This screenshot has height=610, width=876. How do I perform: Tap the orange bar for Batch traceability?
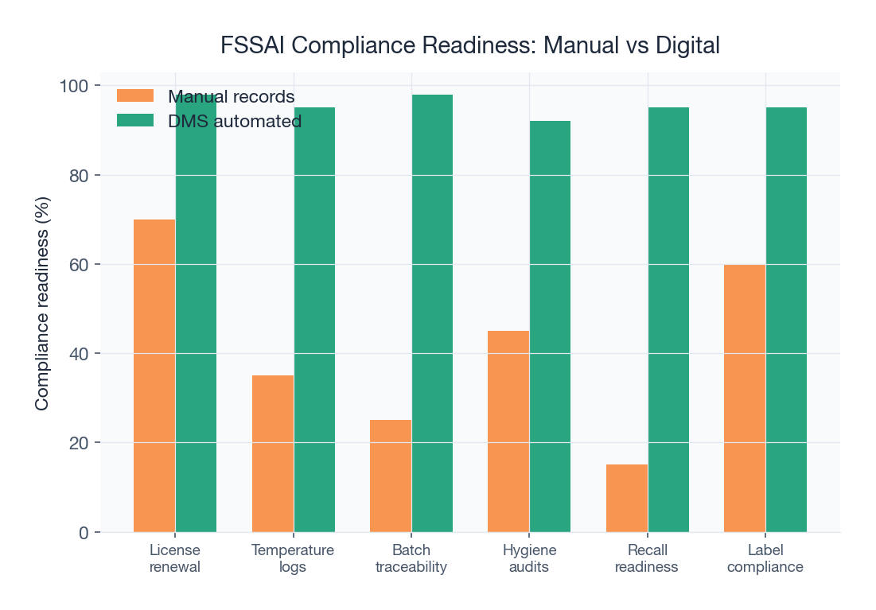pyautogui.click(x=391, y=476)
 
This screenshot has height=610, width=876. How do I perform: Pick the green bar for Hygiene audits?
pyautogui.click(x=550, y=326)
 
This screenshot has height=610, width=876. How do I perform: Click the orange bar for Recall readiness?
pyautogui.click(x=627, y=498)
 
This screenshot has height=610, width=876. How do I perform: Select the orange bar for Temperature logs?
pyautogui.click(x=273, y=453)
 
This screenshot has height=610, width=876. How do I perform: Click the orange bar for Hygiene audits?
pyautogui.click(x=508, y=431)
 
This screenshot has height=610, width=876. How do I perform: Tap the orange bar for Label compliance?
pyautogui.click(x=745, y=398)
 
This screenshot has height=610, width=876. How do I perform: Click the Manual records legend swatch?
pyautogui.click(x=135, y=95)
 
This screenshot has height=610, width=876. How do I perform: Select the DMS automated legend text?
pyautogui.click(x=235, y=121)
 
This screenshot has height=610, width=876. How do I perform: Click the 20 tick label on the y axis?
pyautogui.click(x=78, y=443)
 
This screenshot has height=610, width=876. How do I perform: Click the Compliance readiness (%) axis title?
pyautogui.click(x=42, y=303)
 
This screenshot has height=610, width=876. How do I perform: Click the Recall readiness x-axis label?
pyautogui.click(x=647, y=558)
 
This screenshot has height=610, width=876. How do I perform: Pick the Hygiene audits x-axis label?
pyautogui.click(x=529, y=558)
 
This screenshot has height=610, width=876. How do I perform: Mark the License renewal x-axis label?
pyautogui.click(x=175, y=558)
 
